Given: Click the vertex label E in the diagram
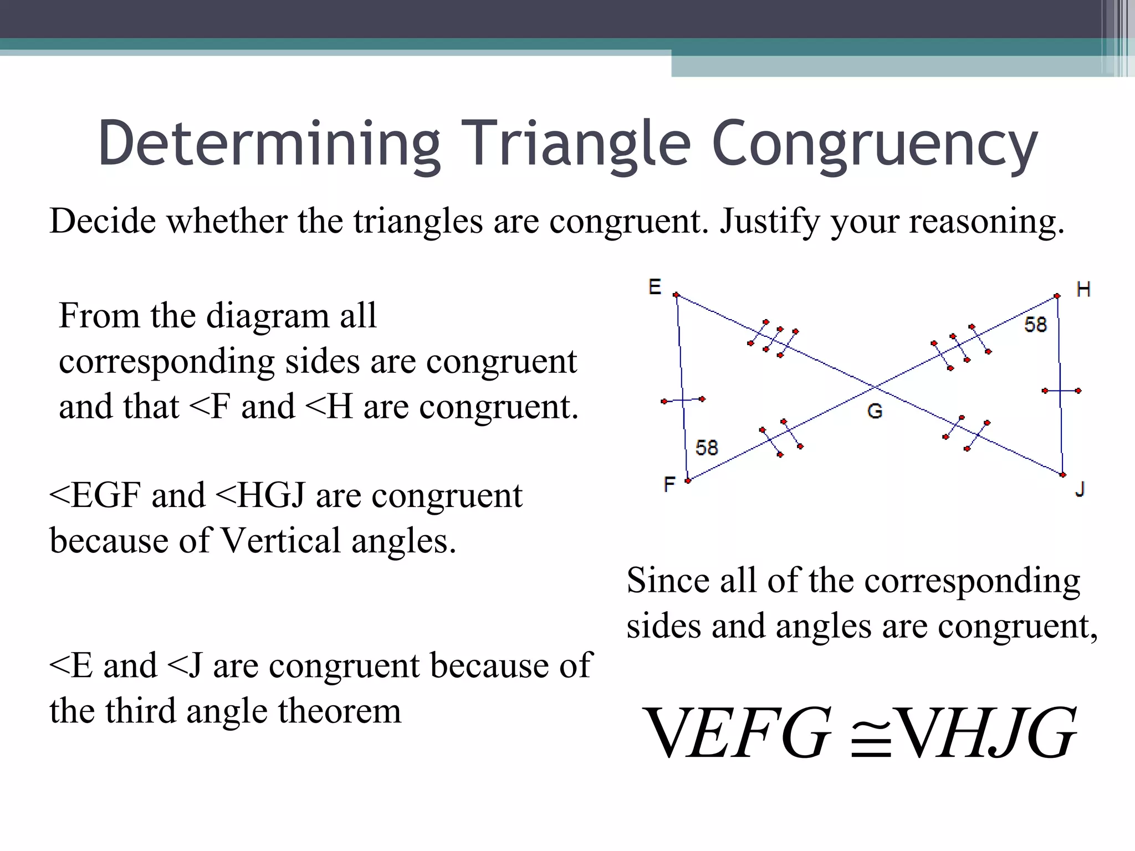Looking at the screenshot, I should (655, 287).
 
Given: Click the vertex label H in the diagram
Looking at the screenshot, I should (1083, 289).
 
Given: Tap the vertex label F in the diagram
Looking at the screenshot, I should (669, 484).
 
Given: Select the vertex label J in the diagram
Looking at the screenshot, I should (1080, 489).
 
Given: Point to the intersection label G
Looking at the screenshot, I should (875, 411).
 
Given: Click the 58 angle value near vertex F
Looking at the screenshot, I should (707, 448).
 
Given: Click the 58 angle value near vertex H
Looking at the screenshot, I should (1035, 325).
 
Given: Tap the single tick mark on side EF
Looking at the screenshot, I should (683, 399).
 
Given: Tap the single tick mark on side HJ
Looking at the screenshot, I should (1061, 391).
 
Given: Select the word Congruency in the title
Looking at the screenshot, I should (874, 145).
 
